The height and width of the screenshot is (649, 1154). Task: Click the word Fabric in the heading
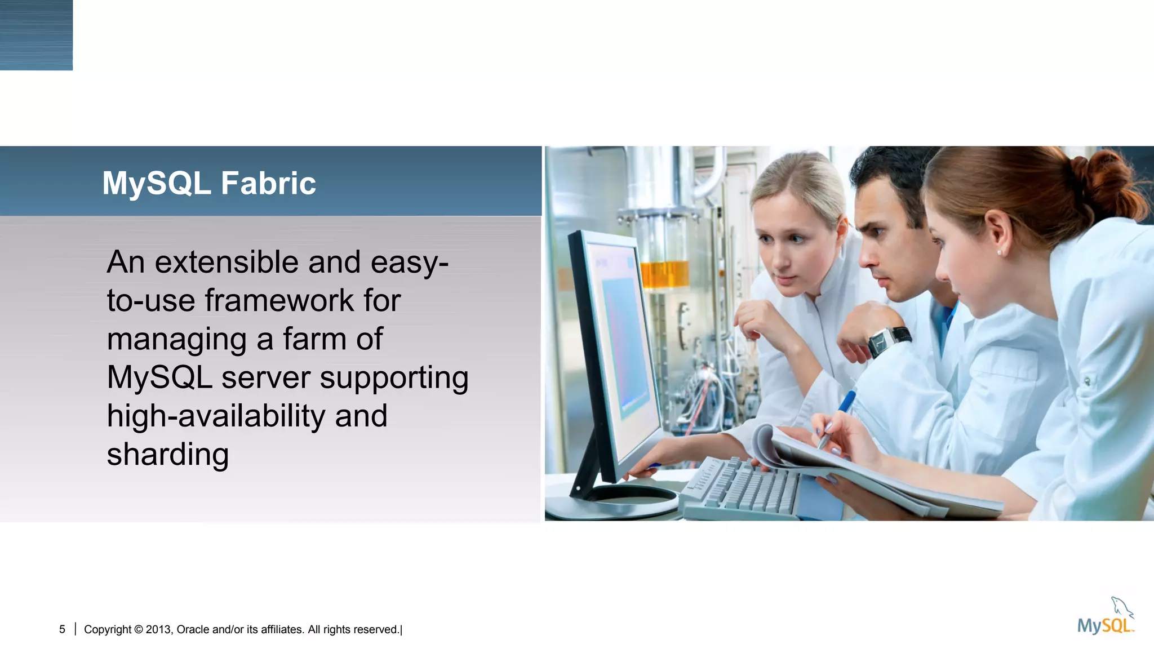[x=268, y=184]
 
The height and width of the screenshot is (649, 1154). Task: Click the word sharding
[x=167, y=455]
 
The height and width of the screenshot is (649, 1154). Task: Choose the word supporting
[x=394, y=378]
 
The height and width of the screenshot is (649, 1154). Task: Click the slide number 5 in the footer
[x=62, y=629]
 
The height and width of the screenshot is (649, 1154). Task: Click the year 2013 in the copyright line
[x=159, y=629]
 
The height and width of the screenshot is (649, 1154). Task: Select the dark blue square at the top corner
[x=36, y=35]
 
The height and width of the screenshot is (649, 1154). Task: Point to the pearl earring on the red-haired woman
[x=1000, y=253]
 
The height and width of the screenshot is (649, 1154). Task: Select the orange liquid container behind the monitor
[x=665, y=274]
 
